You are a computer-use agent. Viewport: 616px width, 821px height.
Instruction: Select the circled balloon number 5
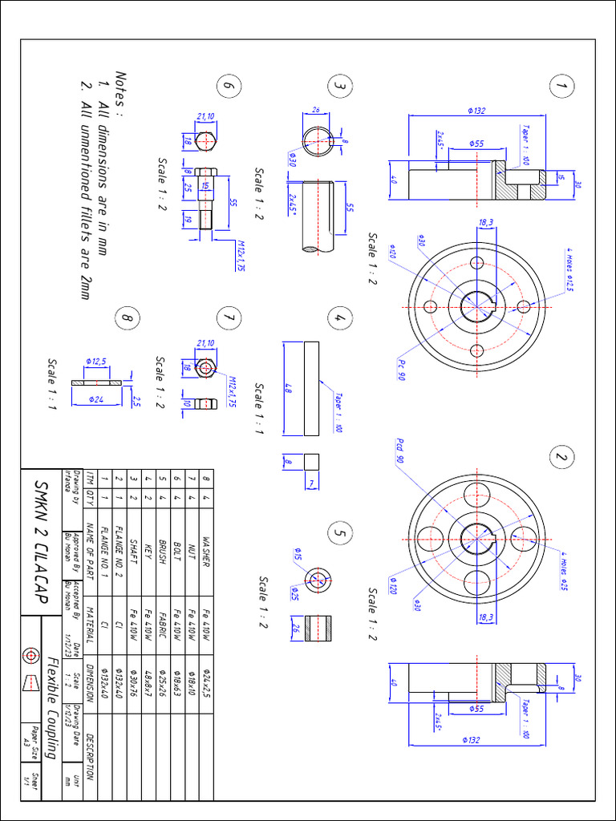340,532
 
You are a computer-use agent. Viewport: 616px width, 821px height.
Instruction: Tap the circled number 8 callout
126,317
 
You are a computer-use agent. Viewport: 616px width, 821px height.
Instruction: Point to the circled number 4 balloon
340,317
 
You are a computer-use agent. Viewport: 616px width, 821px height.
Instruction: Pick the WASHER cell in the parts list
206,552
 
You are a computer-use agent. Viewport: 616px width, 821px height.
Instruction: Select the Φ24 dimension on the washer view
94,398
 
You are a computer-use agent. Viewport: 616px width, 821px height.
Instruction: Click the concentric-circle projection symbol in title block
30,654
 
